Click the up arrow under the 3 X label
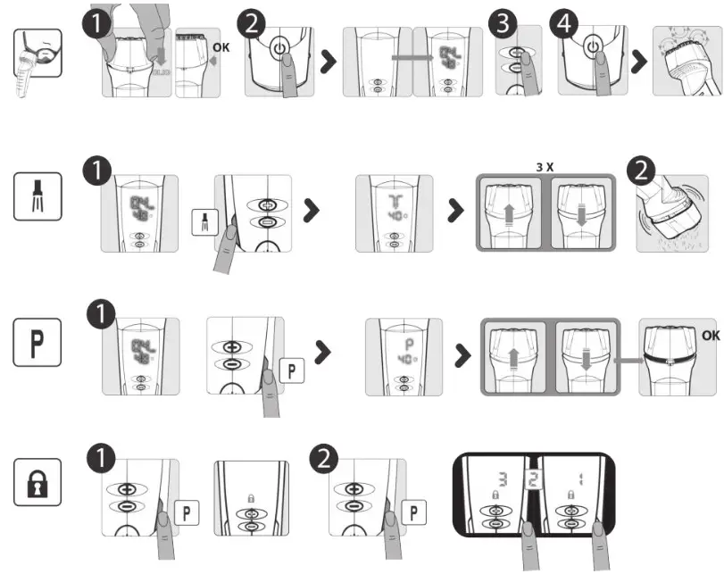point(510,216)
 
